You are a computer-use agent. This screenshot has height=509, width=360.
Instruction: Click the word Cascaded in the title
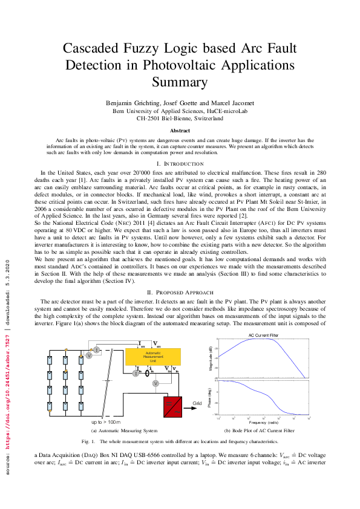(x=100, y=48)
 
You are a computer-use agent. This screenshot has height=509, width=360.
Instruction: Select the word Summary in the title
(x=180, y=82)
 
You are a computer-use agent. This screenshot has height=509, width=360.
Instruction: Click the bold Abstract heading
(x=180, y=130)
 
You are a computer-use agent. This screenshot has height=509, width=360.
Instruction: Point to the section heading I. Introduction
(x=180, y=164)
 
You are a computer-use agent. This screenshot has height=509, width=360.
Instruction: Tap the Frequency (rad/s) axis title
(x=263, y=421)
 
